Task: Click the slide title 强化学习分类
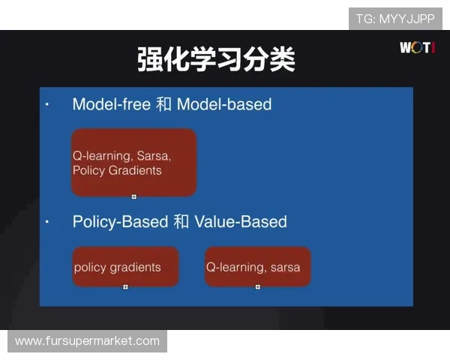click(x=216, y=59)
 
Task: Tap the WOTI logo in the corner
click(x=417, y=48)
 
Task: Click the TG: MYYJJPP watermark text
click(x=395, y=19)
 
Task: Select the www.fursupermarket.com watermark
click(x=87, y=341)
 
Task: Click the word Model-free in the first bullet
click(x=112, y=104)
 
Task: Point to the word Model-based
click(x=224, y=104)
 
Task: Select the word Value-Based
click(x=241, y=222)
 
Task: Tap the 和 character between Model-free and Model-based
click(x=163, y=104)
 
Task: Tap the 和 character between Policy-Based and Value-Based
click(x=181, y=222)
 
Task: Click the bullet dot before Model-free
click(x=46, y=104)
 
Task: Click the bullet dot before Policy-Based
click(x=46, y=223)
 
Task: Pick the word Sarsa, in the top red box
click(x=154, y=157)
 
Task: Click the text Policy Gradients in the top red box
click(x=117, y=171)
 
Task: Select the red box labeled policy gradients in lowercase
click(x=125, y=267)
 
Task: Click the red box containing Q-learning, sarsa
click(x=257, y=267)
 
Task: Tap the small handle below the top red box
click(x=134, y=196)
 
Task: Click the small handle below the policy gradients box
click(x=125, y=286)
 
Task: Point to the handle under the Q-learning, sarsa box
click(x=257, y=286)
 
